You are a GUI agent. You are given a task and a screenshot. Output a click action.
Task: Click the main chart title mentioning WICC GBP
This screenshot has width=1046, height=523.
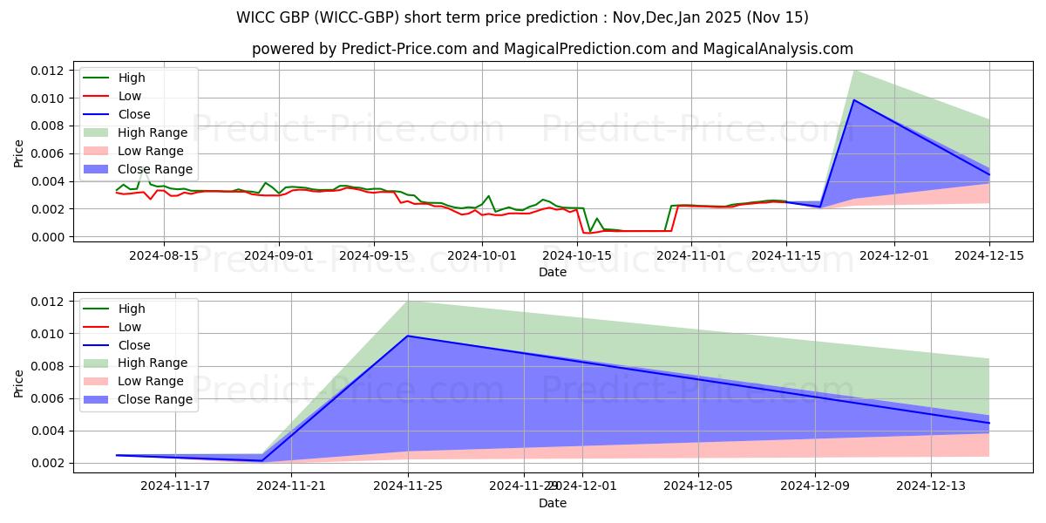click(x=522, y=17)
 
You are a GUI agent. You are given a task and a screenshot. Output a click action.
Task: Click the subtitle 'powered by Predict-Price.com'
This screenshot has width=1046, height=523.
click(x=553, y=49)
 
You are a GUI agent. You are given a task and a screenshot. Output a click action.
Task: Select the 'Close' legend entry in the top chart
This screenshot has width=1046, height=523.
click(x=133, y=114)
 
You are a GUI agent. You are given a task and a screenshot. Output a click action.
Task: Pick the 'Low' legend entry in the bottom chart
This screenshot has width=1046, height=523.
click(x=130, y=327)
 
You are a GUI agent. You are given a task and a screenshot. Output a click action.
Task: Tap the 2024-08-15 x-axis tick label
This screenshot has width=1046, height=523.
click(x=164, y=255)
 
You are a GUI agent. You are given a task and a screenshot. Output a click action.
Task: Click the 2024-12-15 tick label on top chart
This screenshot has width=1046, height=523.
click(x=988, y=255)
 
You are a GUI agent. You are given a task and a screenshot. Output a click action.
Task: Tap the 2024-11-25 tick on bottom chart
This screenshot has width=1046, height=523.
click(x=408, y=486)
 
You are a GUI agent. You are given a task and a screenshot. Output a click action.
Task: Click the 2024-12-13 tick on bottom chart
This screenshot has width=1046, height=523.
click(x=931, y=486)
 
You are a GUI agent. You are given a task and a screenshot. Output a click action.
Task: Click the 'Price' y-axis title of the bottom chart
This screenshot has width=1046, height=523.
click(x=19, y=382)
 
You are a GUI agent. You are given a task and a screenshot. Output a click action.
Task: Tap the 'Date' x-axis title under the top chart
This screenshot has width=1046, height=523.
click(x=553, y=272)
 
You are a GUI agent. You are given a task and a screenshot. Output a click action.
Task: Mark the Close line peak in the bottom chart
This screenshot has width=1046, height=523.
click(x=408, y=336)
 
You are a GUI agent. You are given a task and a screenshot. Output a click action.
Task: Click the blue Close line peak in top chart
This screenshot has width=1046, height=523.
click(x=854, y=100)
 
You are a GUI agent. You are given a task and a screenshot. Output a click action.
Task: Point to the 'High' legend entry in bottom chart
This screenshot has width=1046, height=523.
click(x=132, y=309)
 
